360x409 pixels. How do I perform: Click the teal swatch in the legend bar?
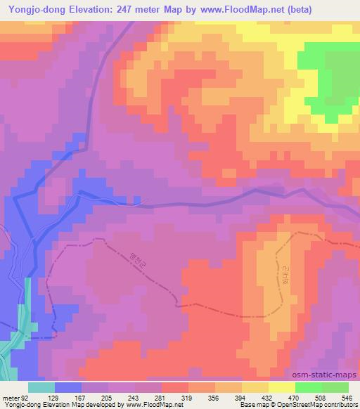tap(41, 387)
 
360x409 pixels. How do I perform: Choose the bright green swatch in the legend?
tap(308, 387)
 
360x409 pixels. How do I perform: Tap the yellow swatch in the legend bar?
tap(281, 387)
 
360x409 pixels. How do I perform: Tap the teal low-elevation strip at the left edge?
tap(29, 309)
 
